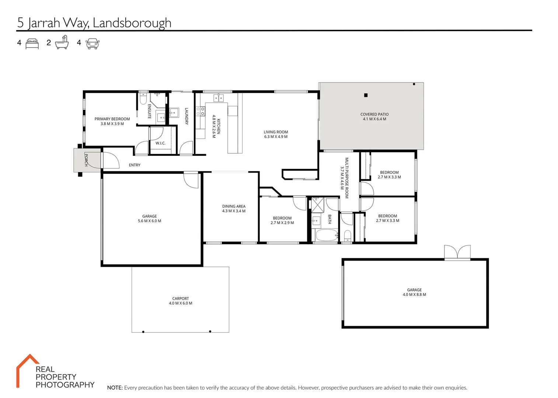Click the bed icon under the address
(32, 43)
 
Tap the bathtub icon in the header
(62, 43)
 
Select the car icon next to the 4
(93, 43)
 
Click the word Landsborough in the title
(132, 23)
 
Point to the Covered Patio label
(374, 115)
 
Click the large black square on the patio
(366, 95)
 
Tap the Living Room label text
(276, 132)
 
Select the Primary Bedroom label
(112, 119)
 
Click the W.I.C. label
(160, 143)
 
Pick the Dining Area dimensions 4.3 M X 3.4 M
(234, 211)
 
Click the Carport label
(181, 298)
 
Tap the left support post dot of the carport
(143, 332)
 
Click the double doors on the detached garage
(457, 252)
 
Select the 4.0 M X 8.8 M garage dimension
(414, 295)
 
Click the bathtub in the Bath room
(327, 235)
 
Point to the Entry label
(135, 165)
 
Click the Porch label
(86, 160)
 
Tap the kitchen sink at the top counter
(219, 98)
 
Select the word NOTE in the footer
(115, 388)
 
